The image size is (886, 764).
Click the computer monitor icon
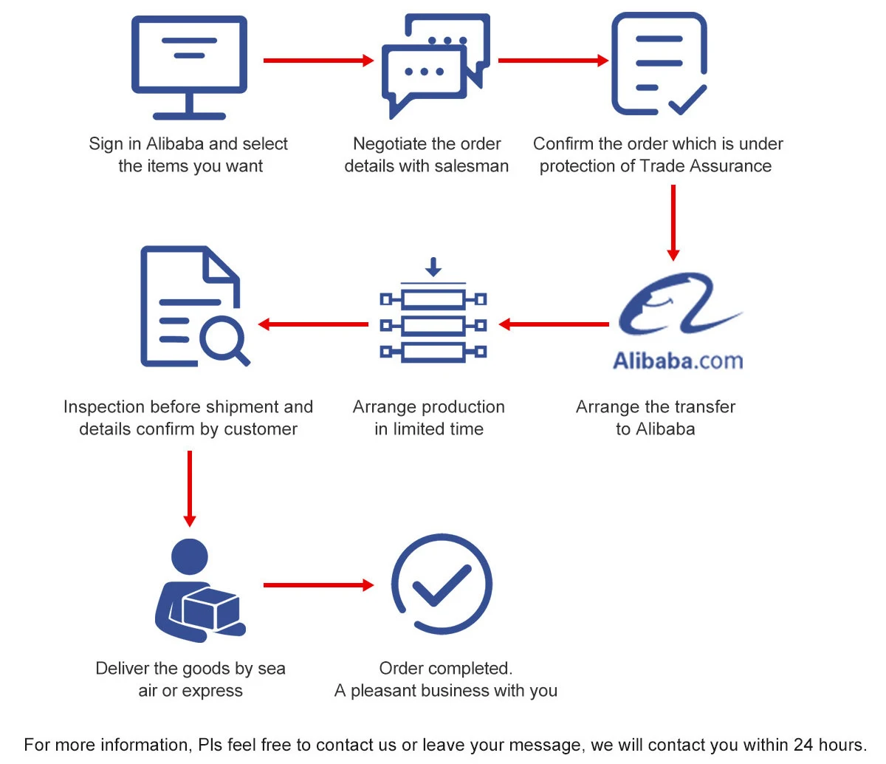[189, 66]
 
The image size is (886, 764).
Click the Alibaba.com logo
[678, 322]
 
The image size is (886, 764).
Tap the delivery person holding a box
[198, 591]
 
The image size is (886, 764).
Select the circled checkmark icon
[441, 584]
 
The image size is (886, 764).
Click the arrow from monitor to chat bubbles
[318, 61]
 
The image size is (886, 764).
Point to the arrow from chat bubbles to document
[553, 61]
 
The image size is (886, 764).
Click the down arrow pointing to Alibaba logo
[673, 222]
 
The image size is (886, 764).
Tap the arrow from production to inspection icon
[313, 324]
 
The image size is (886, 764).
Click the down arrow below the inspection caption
[190, 488]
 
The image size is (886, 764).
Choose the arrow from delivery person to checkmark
[318, 585]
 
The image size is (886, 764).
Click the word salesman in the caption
[473, 166]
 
